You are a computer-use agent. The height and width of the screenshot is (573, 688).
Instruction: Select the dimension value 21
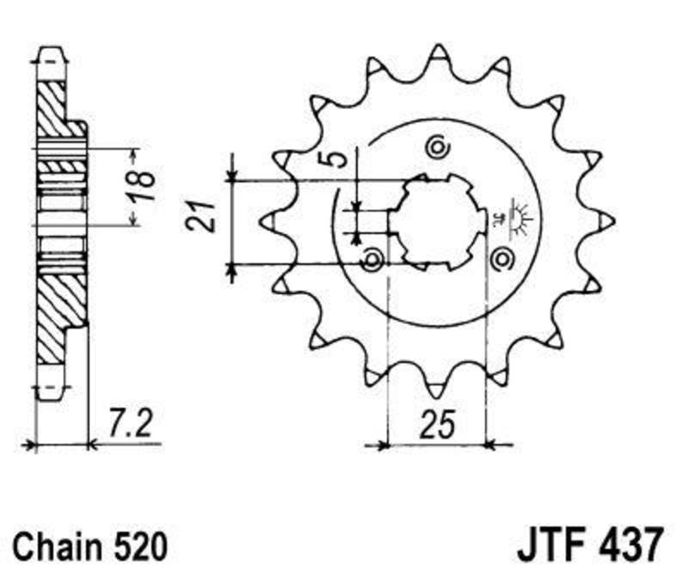point(200,217)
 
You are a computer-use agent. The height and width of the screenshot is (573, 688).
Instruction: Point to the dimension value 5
point(336,159)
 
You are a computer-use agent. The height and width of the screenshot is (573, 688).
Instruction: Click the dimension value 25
point(437,425)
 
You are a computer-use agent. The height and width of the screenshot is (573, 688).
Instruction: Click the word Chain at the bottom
point(55,546)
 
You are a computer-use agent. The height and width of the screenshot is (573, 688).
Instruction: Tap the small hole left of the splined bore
point(372,259)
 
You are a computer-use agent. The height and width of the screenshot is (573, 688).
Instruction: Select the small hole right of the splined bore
point(501,259)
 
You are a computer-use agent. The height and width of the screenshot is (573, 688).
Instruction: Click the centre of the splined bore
point(438,223)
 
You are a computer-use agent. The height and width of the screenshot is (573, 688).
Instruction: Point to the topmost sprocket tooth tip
point(438,45)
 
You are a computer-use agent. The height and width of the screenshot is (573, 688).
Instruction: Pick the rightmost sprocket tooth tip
point(612,222)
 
